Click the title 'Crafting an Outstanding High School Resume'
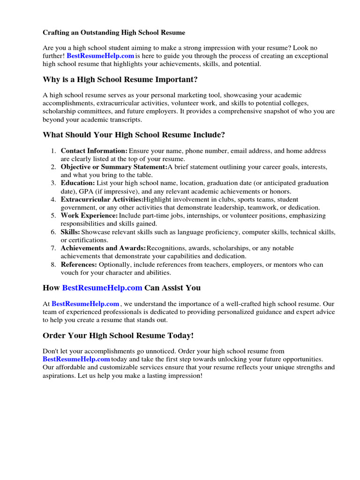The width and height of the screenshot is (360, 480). (114, 33)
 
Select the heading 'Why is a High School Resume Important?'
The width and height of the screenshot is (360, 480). (120, 79)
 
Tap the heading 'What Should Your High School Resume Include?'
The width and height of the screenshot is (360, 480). (134, 135)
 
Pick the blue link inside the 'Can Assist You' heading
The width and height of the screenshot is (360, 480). (102, 287)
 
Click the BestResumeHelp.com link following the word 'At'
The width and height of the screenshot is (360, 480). (86, 304)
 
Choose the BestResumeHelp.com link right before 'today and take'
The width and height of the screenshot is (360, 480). (76, 359)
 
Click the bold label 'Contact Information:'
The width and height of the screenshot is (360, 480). (94, 151)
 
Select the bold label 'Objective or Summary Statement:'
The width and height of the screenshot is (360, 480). (114, 167)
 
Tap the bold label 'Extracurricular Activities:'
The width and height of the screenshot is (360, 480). (102, 200)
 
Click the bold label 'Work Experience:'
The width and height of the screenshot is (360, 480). (89, 216)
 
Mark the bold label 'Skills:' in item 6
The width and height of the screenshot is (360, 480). (70, 232)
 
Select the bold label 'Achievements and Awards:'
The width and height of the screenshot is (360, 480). (103, 248)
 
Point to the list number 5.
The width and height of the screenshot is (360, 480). (53, 216)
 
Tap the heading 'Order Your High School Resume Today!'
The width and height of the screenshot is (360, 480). (118, 336)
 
